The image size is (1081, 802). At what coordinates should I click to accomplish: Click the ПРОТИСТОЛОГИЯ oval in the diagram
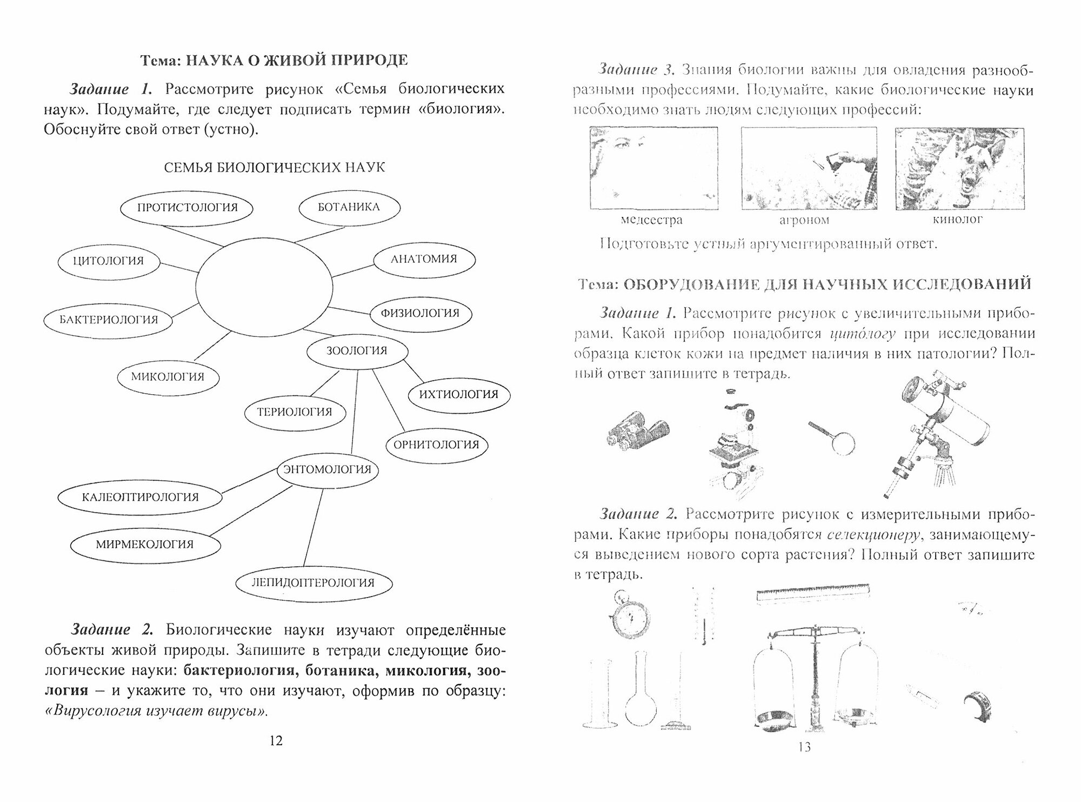point(187,208)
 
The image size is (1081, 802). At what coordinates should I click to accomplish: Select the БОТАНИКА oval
point(349,207)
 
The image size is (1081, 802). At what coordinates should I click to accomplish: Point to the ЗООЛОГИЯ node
point(356,350)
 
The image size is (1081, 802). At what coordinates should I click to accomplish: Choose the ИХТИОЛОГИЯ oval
point(458,394)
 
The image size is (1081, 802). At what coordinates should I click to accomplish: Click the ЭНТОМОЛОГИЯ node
point(328,469)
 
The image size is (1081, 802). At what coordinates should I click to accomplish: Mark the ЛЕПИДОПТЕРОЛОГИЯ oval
point(313,583)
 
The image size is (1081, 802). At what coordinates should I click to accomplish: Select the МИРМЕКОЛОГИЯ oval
point(145,544)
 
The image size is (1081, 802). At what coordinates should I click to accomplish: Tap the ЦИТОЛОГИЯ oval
point(109,261)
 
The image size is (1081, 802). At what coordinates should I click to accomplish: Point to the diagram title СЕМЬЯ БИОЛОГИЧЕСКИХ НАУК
point(275,167)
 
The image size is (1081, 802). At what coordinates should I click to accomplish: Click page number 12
point(276,741)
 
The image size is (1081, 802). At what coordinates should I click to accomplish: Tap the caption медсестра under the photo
point(651,220)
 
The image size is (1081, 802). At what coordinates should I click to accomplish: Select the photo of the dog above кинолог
point(959,168)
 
